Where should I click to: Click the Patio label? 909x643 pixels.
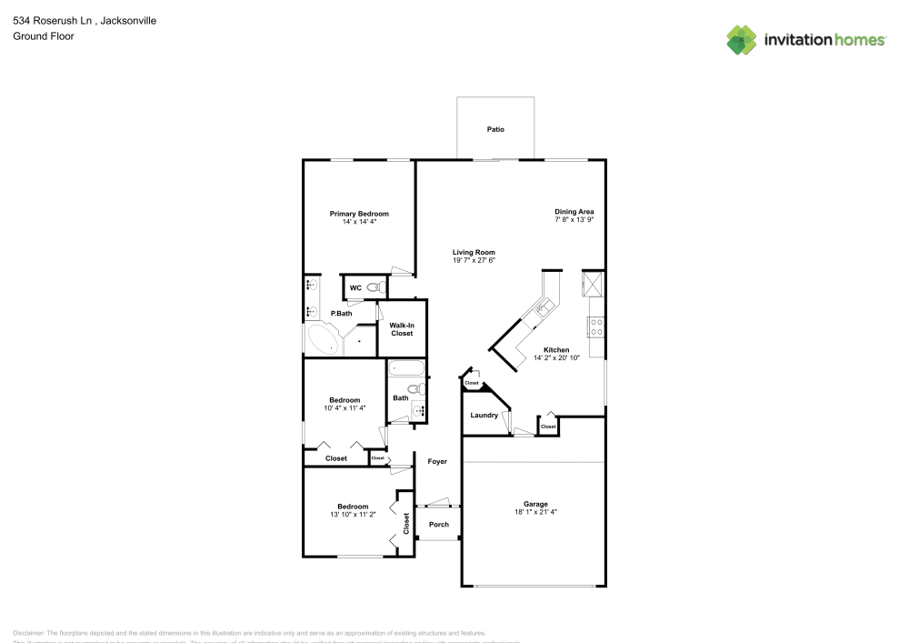click(494, 130)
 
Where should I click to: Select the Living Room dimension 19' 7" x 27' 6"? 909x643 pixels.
click(474, 261)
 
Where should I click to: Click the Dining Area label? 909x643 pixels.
click(574, 212)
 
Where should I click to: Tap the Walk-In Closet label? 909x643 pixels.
click(401, 329)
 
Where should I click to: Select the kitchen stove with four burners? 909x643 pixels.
click(596, 326)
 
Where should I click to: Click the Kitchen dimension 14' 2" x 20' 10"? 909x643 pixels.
click(556, 358)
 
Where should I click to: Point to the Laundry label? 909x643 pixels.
click(484, 416)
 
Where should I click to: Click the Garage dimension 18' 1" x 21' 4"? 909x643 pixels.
click(534, 512)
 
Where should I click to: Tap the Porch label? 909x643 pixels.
click(438, 524)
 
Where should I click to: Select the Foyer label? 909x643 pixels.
click(437, 462)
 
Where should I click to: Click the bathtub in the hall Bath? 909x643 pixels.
click(406, 369)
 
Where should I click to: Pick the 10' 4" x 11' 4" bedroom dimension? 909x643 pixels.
click(345, 408)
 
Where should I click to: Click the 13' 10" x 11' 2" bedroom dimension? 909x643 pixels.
click(353, 515)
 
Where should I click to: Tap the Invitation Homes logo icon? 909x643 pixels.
click(741, 40)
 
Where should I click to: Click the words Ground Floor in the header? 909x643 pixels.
click(43, 36)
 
